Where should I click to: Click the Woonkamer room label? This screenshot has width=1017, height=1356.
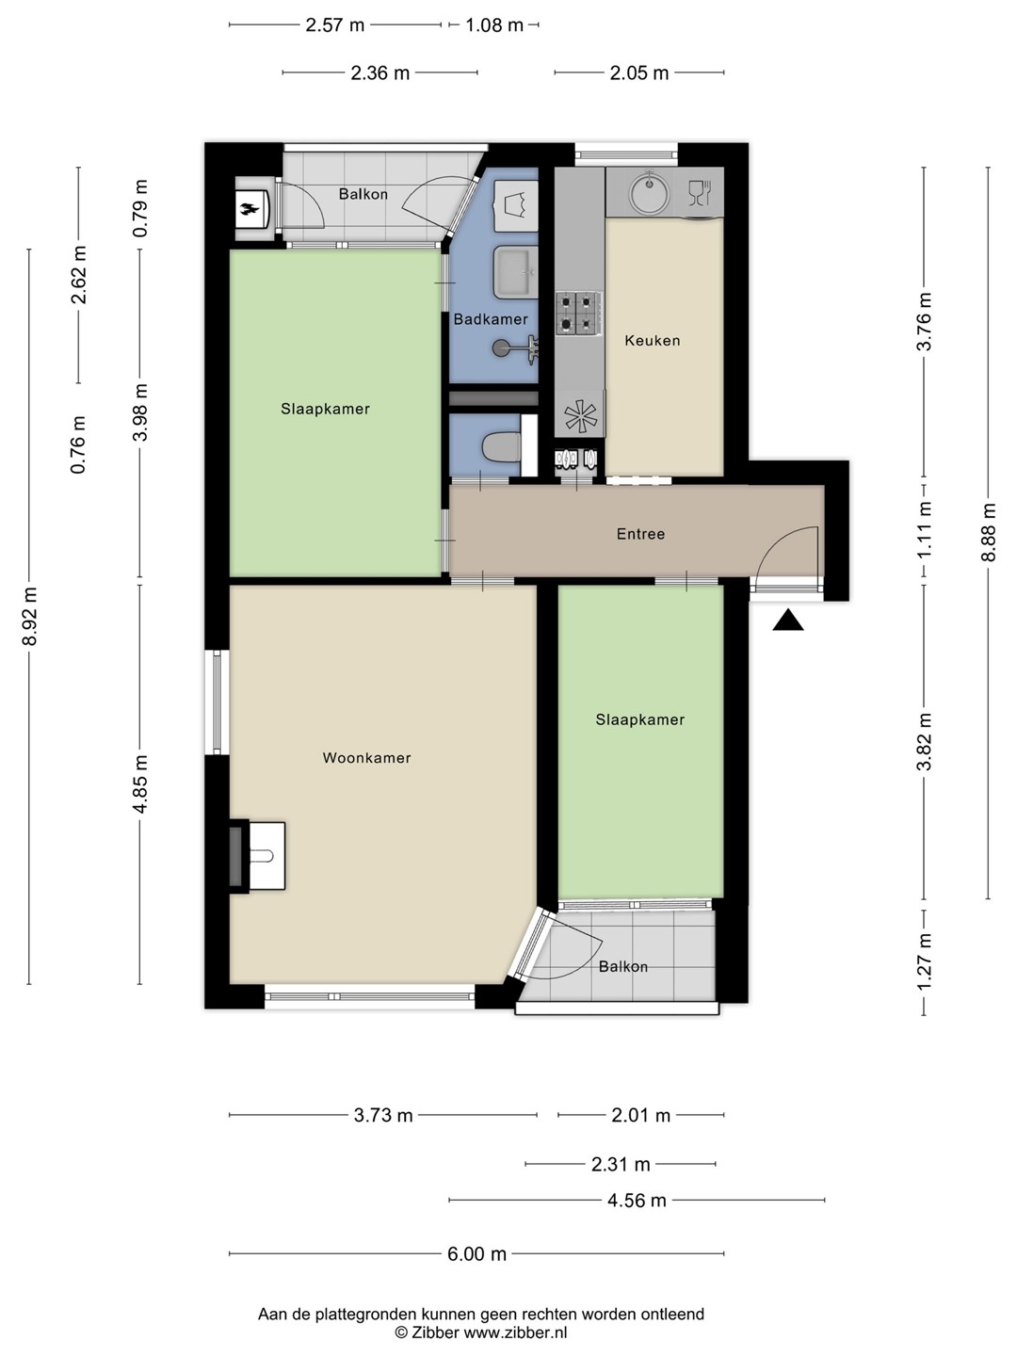coord(366,758)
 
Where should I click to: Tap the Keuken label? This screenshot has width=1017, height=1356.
coord(652,340)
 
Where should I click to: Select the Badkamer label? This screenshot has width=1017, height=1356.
coord(491,319)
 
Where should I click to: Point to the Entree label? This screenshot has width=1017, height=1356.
coord(640,534)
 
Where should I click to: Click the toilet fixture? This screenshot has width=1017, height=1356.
coord(501,447)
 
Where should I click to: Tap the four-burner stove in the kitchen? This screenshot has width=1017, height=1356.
coord(578,314)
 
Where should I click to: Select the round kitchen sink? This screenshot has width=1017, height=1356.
coord(649,192)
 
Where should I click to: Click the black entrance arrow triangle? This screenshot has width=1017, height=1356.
coord(788,620)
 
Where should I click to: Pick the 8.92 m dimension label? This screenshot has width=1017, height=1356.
coord(29,616)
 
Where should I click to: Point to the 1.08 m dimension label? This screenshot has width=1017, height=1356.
coord(494,25)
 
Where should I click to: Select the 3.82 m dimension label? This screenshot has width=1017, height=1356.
coord(925,741)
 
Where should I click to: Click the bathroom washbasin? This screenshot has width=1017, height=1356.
coord(516,272)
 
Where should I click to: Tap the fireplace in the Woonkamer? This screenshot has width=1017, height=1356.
coord(257,856)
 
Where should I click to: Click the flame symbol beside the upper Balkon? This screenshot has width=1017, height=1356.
coord(251,209)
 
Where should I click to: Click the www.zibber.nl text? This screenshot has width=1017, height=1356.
coord(515,1332)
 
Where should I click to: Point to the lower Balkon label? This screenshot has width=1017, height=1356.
coord(623,967)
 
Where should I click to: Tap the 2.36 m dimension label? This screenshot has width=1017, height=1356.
coord(379,73)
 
